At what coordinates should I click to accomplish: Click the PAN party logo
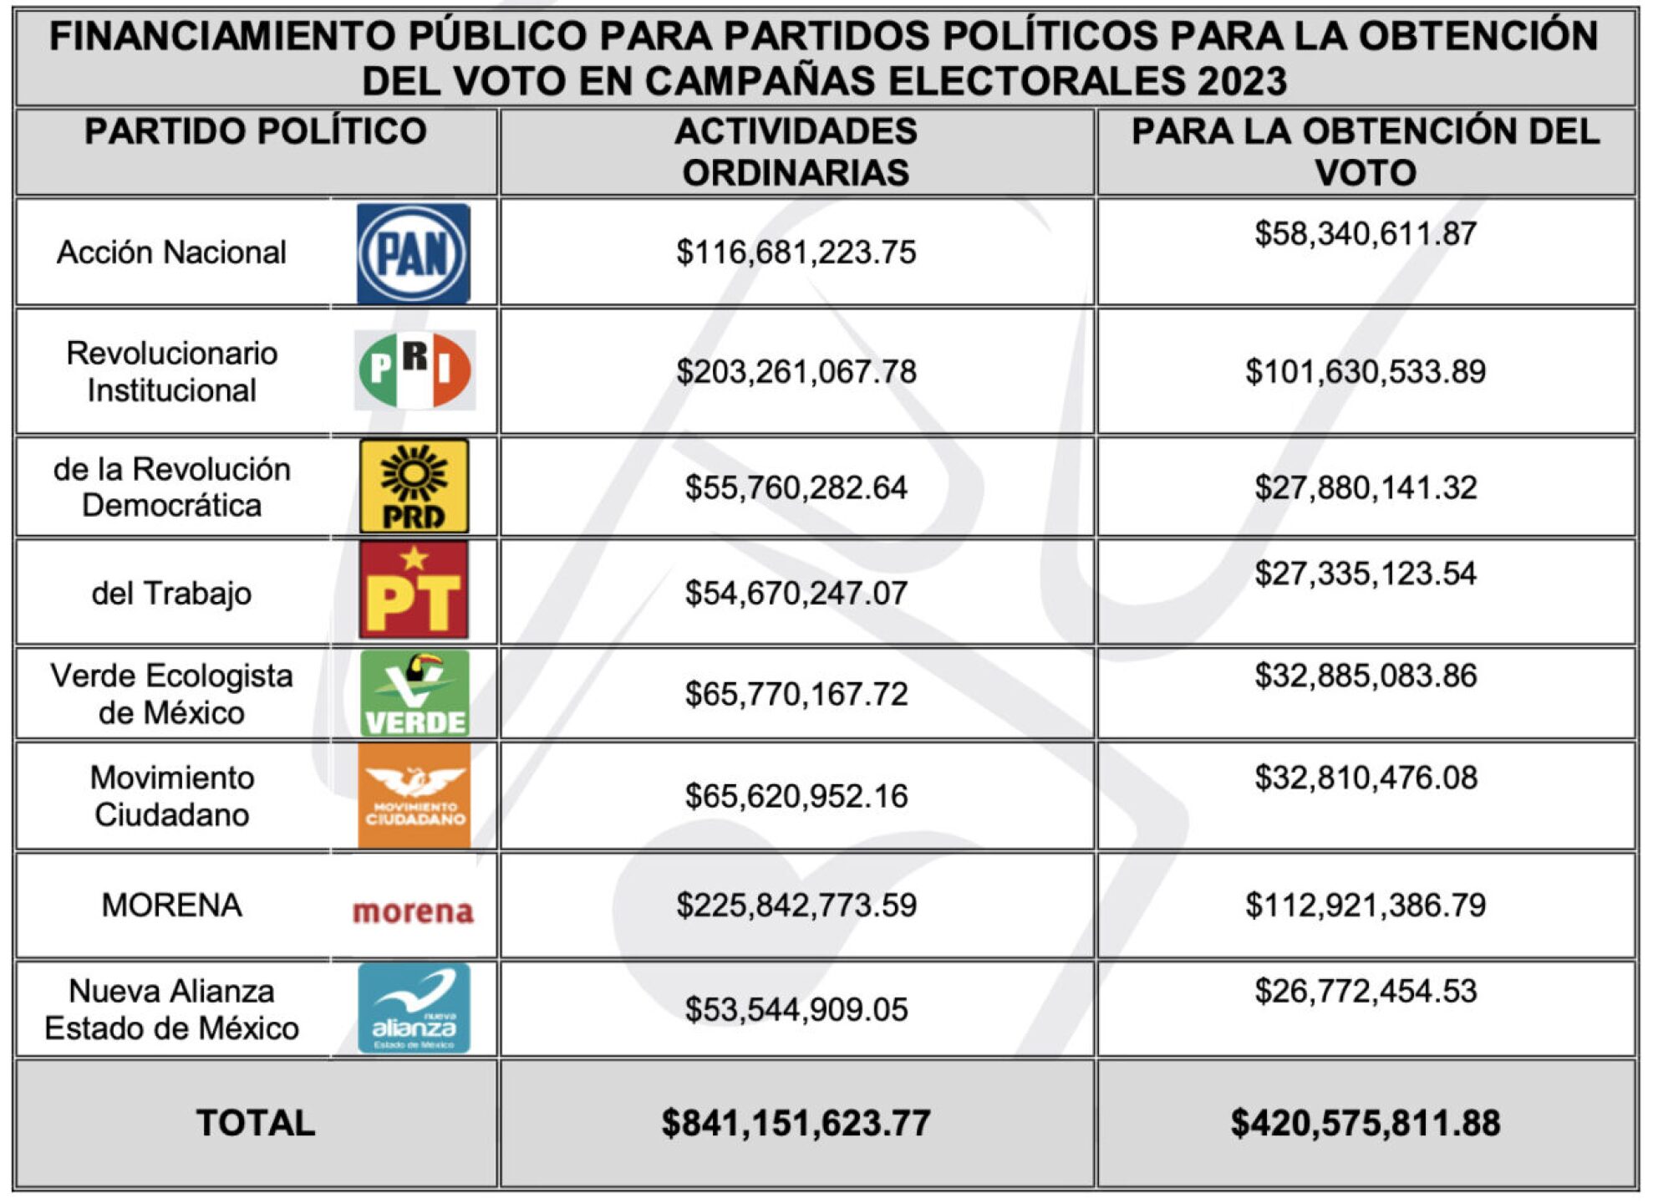click(413, 253)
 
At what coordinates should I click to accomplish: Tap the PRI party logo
click(415, 370)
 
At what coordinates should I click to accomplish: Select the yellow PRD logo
click(414, 487)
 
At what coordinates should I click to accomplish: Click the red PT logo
click(414, 591)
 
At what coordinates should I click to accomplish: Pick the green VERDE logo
click(415, 693)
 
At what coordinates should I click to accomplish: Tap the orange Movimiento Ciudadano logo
click(415, 795)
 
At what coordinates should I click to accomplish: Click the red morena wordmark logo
click(413, 911)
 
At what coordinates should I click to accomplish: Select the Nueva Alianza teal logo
click(414, 1008)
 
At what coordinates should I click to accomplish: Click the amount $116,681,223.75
click(796, 253)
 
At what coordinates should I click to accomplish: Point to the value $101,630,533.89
click(1365, 371)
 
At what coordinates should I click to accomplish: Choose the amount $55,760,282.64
click(796, 487)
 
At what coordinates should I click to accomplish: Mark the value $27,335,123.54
click(1365, 574)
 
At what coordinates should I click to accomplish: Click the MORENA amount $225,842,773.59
click(796, 906)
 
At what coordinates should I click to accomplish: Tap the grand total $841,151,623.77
click(796, 1123)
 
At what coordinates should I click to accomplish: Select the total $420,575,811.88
click(1365, 1123)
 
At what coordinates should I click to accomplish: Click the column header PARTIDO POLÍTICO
click(256, 132)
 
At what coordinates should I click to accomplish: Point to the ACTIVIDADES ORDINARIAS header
click(796, 152)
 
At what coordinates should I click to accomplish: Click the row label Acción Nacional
click(171, 253)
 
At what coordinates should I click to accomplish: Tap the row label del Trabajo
click(171, 593)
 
